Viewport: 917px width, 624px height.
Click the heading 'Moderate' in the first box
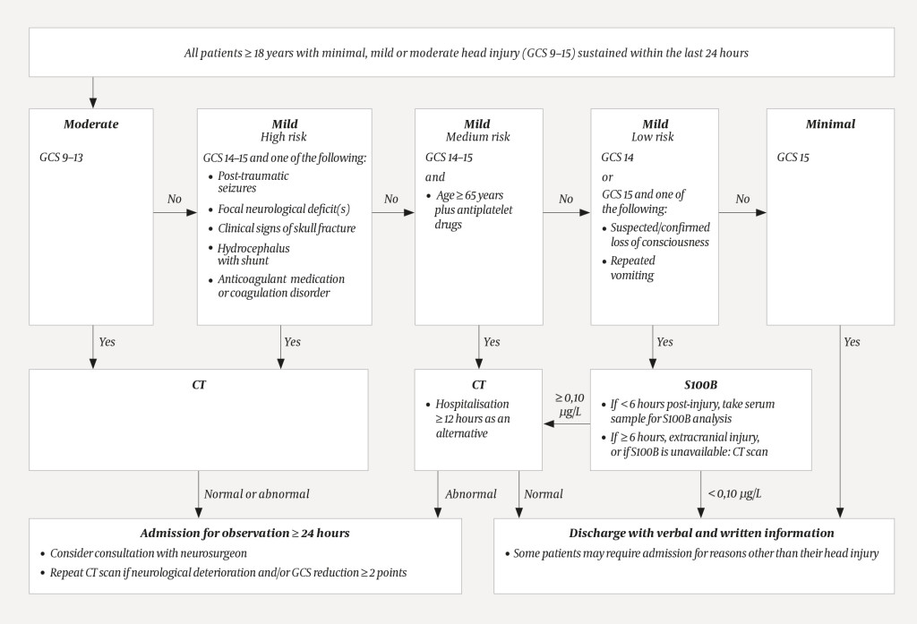click(90, 124)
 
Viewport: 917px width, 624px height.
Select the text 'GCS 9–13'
click(63, 157)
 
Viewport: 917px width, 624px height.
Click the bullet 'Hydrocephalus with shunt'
click(253, 254)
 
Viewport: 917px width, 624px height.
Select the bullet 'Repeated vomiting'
click(632, 268)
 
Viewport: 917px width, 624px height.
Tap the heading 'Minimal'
click(829, 124)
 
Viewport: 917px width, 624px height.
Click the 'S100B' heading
click(700, 385)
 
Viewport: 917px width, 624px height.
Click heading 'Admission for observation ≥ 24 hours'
click(244, 533)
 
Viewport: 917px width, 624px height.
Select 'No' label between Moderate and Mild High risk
click(174, 199)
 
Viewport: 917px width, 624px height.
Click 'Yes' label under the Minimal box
click(851, 341)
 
